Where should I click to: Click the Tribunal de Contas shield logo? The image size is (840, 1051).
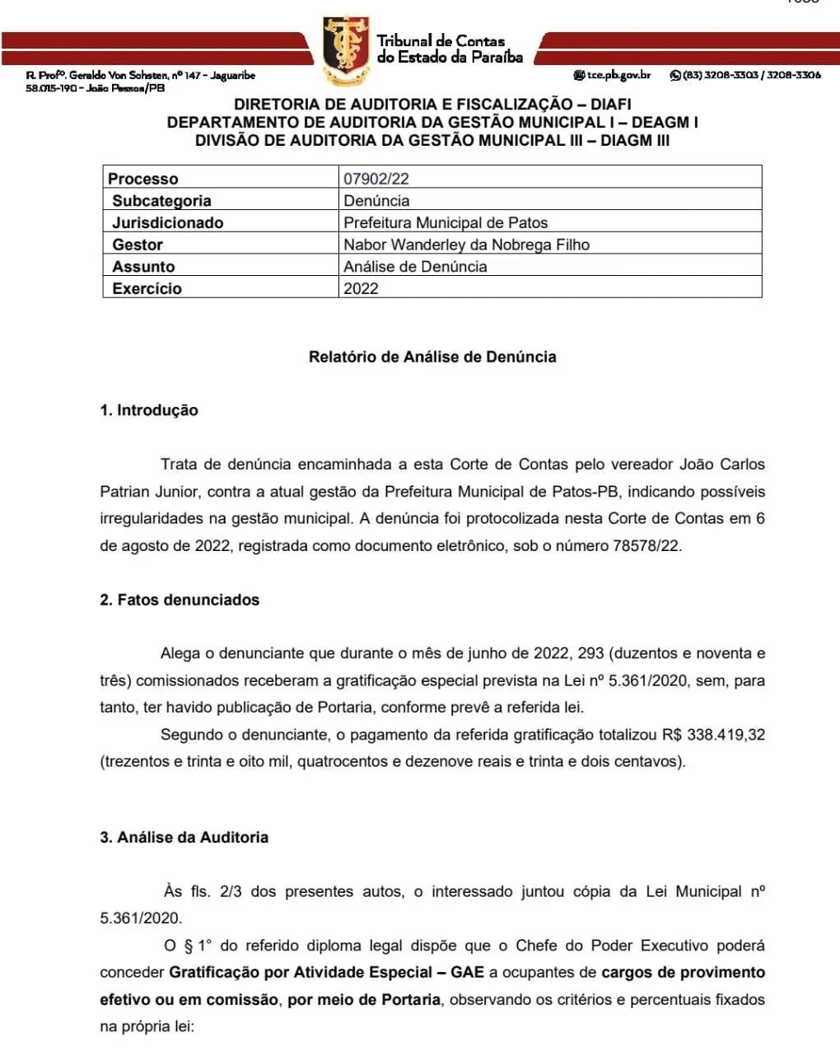(x=346, y=50)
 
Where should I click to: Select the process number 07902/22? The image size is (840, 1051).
(x=376, y=179)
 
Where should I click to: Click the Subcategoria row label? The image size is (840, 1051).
(x=161, y=201)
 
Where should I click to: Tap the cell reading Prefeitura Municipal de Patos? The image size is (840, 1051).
(x=445, y=223)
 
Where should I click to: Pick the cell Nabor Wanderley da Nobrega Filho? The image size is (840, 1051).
(x=466, y=245)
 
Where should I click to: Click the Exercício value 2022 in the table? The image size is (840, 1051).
(x=361, y=289)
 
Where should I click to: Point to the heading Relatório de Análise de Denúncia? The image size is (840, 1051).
(x=432, y=357)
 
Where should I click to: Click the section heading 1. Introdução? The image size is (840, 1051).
(x=149, y=410)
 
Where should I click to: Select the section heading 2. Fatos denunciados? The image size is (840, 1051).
(x=180, y=600)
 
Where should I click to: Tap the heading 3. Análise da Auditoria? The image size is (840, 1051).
(x=184, y=837)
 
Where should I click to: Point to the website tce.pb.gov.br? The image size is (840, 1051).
(x=618, y=75)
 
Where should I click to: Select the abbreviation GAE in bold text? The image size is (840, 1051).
(x=467, y=973)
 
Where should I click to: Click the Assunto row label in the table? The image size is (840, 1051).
(x=143, y=267)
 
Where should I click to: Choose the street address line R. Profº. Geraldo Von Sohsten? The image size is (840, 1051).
(x=140, y=76)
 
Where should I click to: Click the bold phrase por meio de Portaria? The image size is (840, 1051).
(x=363, y=1000)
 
